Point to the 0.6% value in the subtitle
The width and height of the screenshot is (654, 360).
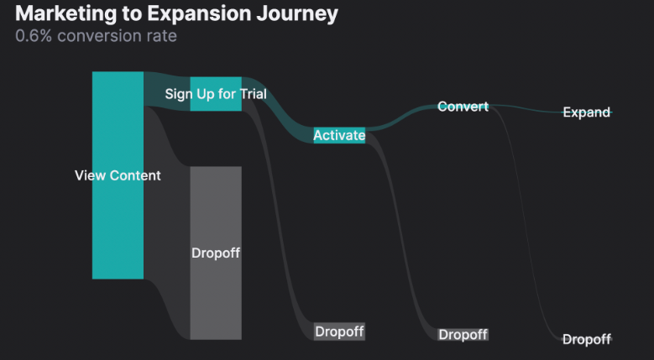pos(34,36)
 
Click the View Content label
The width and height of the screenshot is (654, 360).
pos(118,175)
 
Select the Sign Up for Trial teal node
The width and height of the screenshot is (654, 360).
pos(216,93)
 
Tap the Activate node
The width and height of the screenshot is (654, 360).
pos(339,135)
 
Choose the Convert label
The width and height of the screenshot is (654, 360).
pos(463,107)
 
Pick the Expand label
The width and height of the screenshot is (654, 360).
pos(586,112)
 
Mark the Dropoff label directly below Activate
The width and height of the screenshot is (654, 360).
pos(339,331)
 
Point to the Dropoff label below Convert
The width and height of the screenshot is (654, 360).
pos(463,335)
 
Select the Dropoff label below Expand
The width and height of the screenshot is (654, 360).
pos(586,339)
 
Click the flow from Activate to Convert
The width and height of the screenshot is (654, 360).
pos(401,120)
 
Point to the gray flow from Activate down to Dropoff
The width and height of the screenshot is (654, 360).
pos(401,235)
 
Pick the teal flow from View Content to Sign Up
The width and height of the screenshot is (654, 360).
pos(166,91)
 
